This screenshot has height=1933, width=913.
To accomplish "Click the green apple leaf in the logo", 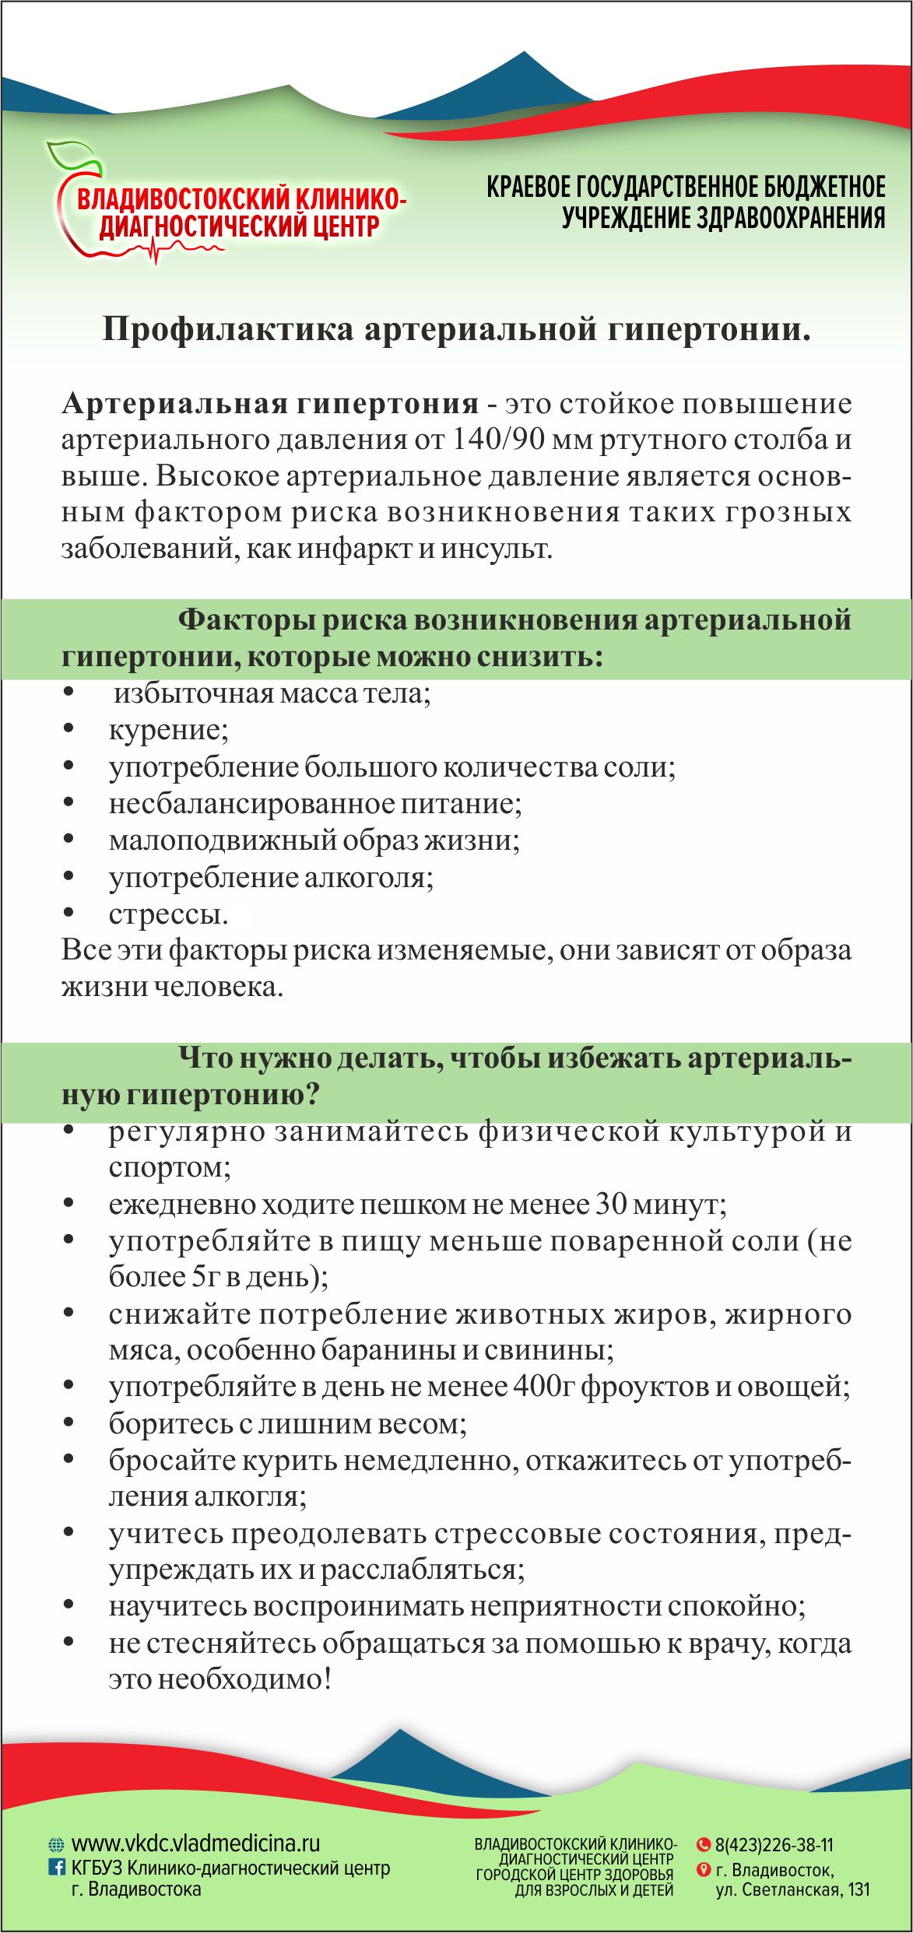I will tap(72, 156).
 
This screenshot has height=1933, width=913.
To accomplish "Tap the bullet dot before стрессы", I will tap(68, 913).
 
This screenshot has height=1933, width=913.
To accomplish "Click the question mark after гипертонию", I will tap(311, 1094).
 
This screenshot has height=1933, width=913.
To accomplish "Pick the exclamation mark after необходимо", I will tap(328, 1679).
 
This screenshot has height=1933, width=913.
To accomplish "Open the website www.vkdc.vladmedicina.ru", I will tap(195, 1844).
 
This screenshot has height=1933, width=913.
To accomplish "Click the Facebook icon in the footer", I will tap(57, 1866).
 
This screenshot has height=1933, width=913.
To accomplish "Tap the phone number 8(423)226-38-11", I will tap(774, 1845).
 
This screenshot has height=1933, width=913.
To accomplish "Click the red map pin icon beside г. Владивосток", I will tap(704, 1869).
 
